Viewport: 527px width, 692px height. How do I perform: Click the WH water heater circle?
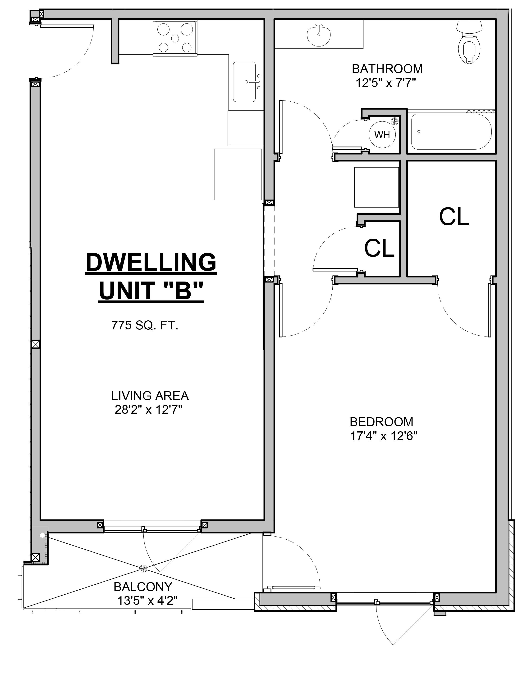pos(382,135)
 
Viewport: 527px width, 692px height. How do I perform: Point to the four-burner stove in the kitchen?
pos(175,38)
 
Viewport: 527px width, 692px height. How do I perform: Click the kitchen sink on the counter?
pos(244,82)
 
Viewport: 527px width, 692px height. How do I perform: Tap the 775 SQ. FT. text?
pos(145,325)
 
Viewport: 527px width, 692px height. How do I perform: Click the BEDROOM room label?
pos(381,422)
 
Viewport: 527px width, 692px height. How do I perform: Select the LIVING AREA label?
pos(150,396)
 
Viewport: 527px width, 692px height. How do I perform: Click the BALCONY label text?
pos(143,586)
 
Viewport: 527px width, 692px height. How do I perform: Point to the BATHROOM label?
pos(387,69)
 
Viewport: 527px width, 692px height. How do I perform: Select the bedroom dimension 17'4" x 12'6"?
pos(384,436)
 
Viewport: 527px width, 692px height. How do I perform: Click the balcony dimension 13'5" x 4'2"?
pos(147,601)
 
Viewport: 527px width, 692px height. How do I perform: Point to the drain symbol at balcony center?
pos(144,568)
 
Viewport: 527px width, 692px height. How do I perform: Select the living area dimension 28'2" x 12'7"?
pos(148,410)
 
